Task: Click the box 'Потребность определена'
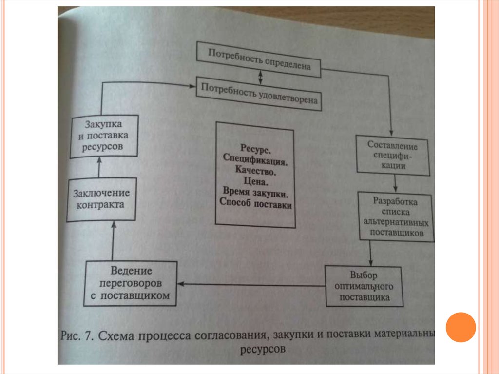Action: (259, 59)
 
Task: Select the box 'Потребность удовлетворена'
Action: (259, 94)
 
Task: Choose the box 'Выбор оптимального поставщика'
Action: (364, 285)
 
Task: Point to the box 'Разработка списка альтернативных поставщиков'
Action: (396, 216)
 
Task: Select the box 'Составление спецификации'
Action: (393, 154)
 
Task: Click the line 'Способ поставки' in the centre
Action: (256, 205)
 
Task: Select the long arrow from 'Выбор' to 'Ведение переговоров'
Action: (251, 284)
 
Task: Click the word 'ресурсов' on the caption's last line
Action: (262, 350)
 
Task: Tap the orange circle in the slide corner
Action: (461, 327)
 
